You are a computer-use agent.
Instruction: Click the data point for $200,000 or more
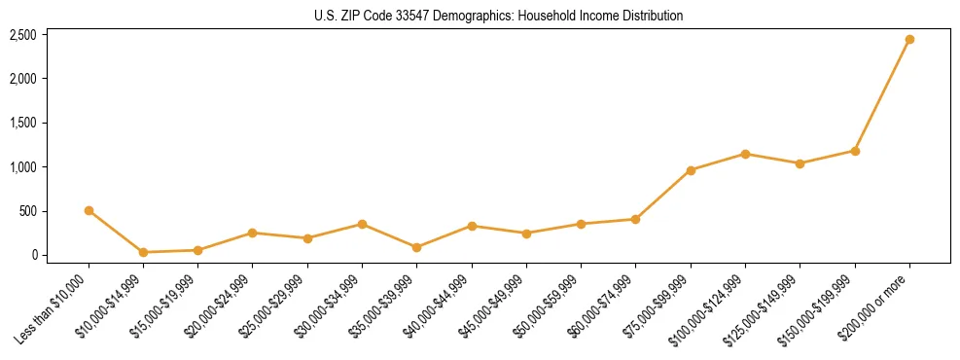point(909,40)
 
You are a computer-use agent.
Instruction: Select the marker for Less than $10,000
point(89,210)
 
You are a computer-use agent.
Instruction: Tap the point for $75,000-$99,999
point(691,170)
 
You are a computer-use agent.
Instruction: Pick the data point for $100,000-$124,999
point(745,154)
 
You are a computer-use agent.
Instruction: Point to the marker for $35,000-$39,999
point(417,247)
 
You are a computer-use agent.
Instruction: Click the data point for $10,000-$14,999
point(143,252)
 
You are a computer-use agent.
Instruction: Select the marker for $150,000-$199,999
point(855,151)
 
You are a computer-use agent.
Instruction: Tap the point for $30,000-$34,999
point(362,224)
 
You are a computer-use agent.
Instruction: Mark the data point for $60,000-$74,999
point(636,219)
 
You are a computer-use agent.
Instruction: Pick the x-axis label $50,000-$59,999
point(549,307)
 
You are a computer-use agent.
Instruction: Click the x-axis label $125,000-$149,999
point(767,307)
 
